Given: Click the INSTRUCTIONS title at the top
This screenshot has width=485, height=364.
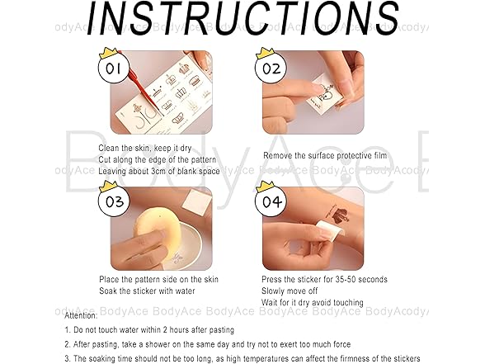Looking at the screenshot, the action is pyautogui.click(x=243, y=18).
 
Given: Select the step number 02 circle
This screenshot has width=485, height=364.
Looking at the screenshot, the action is pyautogui.click(x=271, y=69).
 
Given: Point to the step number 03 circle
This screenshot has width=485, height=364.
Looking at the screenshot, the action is pyautogui.click(x=114, y=201).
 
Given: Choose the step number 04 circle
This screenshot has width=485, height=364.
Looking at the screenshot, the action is pyautogui.click(x=271, y=201).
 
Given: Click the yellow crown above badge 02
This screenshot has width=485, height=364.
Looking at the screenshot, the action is pyautogui.click(x=266, y=53).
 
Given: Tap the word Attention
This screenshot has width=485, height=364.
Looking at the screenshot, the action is pyautogui.click(x=81, y=315).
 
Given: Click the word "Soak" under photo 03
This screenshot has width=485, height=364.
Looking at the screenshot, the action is pyautogui.click(x=108, y=291).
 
